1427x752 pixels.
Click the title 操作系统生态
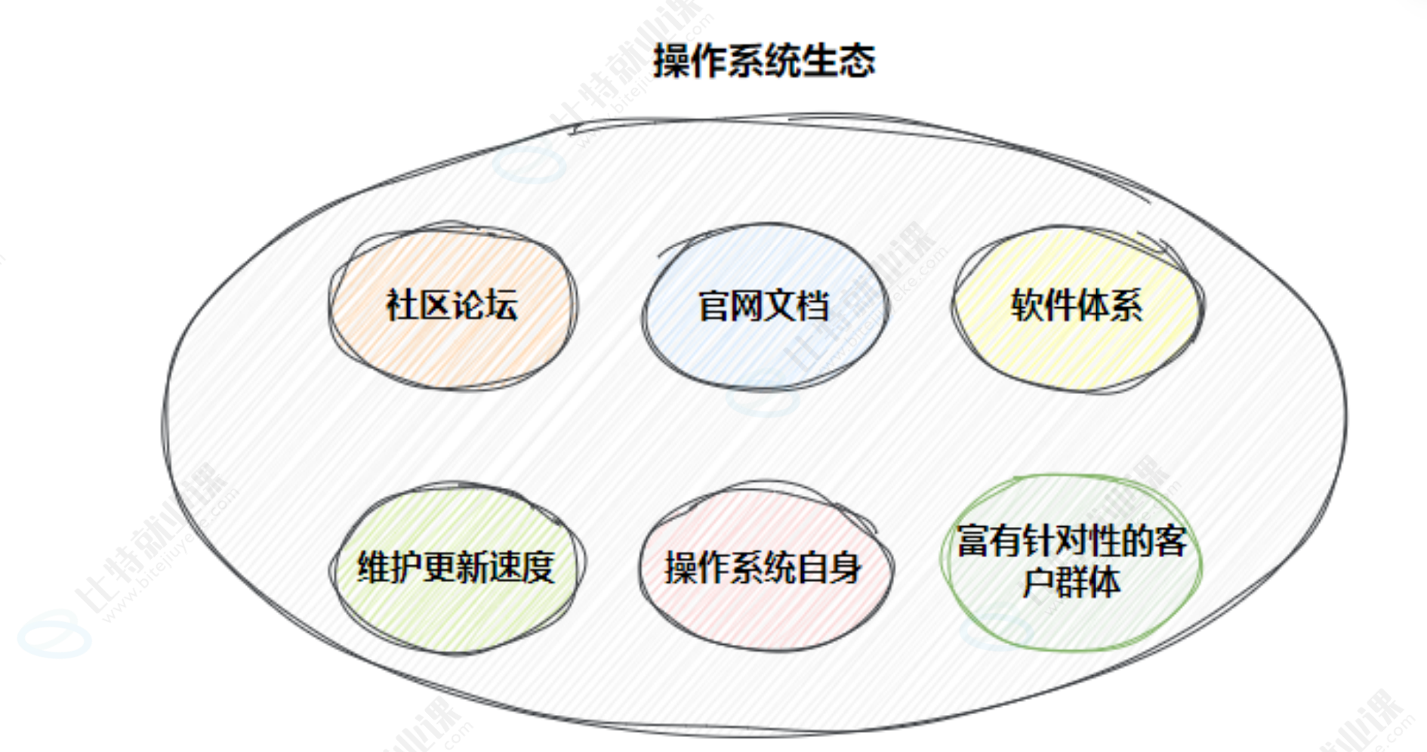[x=764, y=60]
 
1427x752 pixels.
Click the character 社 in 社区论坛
[x=402, y=305]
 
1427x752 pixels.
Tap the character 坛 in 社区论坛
[x=501, y=305]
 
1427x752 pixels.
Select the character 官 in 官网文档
[x=714, y=306]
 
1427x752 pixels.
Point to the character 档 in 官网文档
[x=812, y=306]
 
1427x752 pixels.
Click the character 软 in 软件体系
[x=1028, y=305]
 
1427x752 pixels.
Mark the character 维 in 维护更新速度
[x=374, y=567]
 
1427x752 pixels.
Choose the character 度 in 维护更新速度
[x=538, y=567]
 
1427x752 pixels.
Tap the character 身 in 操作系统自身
[x=845, y=567]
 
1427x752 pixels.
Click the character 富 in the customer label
[x=974, y=541]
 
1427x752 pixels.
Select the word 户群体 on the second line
[x=1071, y=582]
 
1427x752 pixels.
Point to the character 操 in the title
[x=670, y=60]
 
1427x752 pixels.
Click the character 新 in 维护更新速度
[x=473, y=567]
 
